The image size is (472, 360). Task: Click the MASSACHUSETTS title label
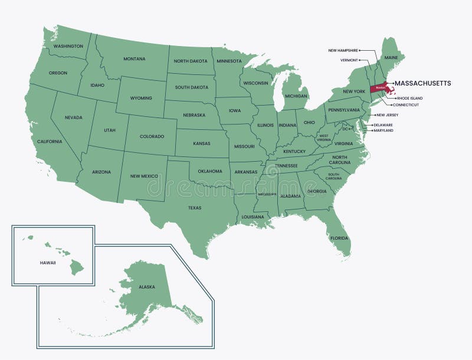(x=422, y=83)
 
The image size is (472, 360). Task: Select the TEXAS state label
(x=195, y=208)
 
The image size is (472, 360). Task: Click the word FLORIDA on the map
(x=339, y=238)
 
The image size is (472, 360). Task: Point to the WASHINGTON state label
(x=68, y=46)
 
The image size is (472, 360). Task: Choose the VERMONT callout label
(x=349, y=60)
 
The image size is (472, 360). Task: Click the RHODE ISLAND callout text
(x=409, y=98)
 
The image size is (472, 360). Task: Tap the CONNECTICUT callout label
(x=407, y=104)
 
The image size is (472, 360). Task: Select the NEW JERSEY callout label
(x=389, y=115)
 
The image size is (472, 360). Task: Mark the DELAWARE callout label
(x=383, y=125)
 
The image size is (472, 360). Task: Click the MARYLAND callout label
(x=383, y=130)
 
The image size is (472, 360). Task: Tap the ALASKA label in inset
(x=146, y=287)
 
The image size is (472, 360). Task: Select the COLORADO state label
(x=152, y=136)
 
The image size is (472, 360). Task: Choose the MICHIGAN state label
(x=296, y=96)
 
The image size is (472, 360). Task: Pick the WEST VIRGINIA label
(x=324, y=137)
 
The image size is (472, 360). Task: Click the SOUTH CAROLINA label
(x=334, y=176)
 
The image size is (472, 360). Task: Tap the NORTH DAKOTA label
(x=190, y=61)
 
